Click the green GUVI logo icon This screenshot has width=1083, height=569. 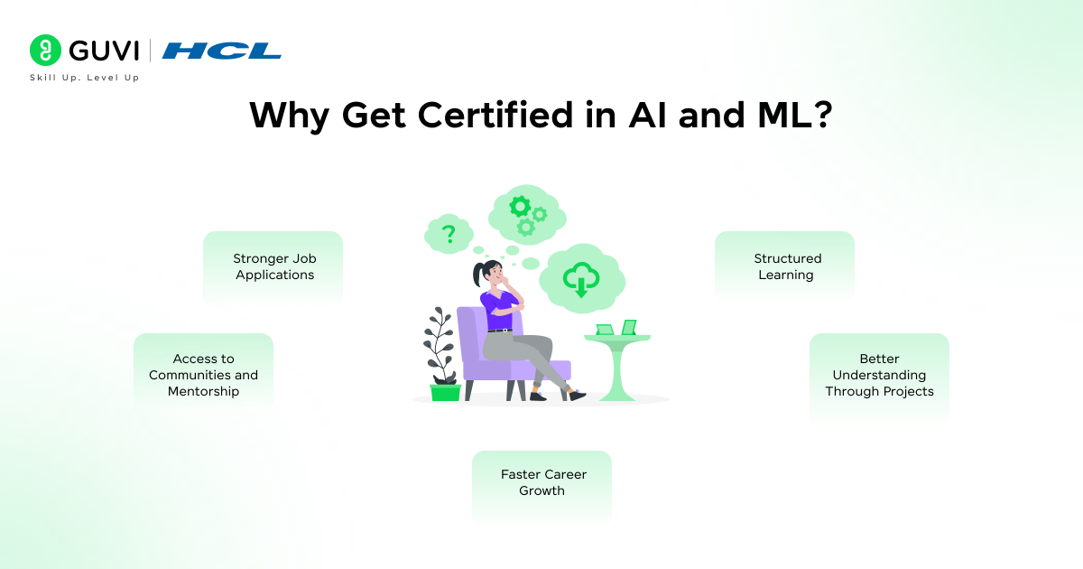point(45,51)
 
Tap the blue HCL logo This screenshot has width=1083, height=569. point(222,51)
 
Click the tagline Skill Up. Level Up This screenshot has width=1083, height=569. point(85,78)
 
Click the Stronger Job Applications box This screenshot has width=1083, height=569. point(273,266)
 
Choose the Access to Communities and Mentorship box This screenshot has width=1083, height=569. point(203,375)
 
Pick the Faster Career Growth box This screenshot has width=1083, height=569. point(541,483)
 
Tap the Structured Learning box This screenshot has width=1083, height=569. point(785,266)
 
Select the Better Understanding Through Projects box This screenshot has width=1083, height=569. point(879,375)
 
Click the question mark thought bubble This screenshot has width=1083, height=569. point(448,235)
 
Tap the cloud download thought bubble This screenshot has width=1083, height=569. point(581,275)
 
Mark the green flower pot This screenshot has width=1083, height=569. point(445,392)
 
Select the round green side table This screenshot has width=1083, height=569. point(617,361)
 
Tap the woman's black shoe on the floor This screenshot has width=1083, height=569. point(575,395)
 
